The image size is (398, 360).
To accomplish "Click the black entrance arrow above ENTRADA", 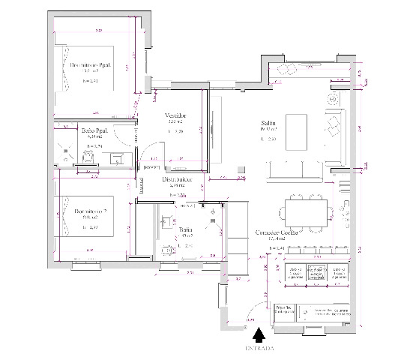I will (259, 334).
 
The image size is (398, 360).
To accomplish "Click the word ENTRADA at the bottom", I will (259, 349).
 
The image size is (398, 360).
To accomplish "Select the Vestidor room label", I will (175, 115).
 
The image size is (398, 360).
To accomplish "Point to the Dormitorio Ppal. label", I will (91, 66).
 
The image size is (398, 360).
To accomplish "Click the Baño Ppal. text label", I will (94, 130).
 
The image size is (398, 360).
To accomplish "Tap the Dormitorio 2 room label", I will (88, 211).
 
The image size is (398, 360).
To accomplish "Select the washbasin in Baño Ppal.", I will (116, 157).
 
